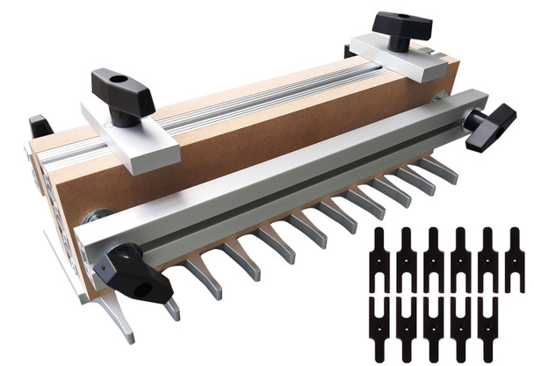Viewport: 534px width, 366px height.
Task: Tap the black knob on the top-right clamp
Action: click(401, 27)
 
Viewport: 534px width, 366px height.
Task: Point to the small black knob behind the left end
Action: click(40, 126)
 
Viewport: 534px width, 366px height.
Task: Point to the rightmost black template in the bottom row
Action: click(488, 329)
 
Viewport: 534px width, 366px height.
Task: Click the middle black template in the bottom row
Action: click(435, 329)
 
